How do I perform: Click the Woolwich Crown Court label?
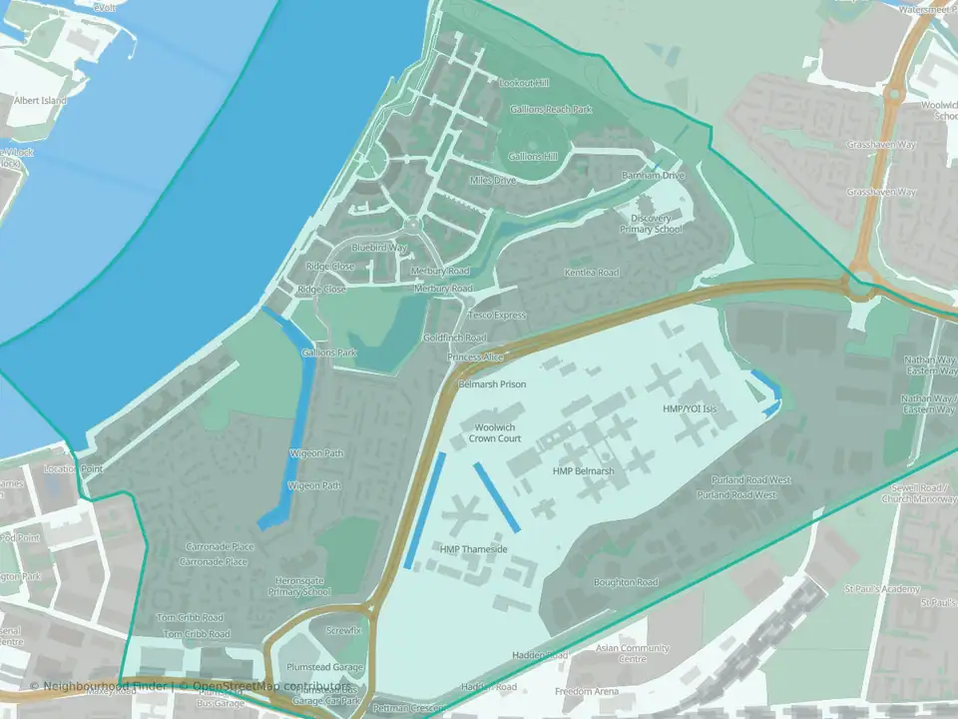(495, 432)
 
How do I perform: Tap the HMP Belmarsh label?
(583, 470)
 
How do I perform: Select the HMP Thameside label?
(474, 549)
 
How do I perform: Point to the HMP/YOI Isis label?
(690, 408)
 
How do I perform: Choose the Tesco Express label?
(496, 315)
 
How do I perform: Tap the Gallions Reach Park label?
(550, 109)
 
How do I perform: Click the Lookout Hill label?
(523, 83)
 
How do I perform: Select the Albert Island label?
(40, 101)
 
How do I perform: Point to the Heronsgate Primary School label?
(298, 586)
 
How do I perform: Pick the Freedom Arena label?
(587, 691)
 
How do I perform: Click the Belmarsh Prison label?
(491, 383)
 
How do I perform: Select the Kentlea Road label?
(592, 272)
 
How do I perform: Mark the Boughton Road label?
(626, 582)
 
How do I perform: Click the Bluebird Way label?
(379, 247)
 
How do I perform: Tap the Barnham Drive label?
(654, 176)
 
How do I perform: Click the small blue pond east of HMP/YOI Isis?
(766, 392)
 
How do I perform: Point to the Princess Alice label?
(476, 357)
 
